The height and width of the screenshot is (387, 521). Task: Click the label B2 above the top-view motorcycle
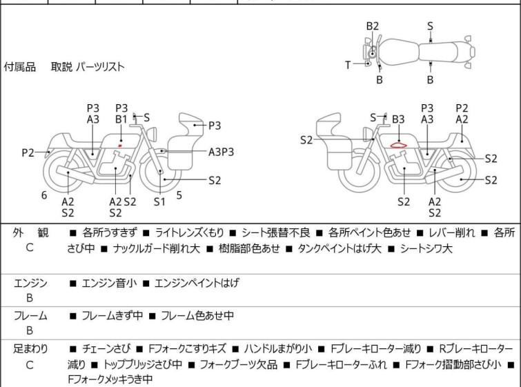tap(373, 26)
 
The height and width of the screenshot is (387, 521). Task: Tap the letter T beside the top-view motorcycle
tap(348, 65)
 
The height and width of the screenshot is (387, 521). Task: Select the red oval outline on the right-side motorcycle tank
tap(398, 145)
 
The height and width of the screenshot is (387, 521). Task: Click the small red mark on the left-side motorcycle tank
tap(120, 146)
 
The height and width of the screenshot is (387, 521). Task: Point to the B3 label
tap(398, 119)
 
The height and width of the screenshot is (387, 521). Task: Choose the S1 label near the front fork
tap(159, 201)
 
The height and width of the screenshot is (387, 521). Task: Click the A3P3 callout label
tap(222, 151)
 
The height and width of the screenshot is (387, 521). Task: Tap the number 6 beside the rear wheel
tap(44, 195)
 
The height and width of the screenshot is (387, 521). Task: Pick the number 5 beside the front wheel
tap(179, 195)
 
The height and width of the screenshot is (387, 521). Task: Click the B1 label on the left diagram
tap(121, 119)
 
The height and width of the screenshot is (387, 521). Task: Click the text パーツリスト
tap(100, 67)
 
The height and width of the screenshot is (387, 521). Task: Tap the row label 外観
tap(30, 233)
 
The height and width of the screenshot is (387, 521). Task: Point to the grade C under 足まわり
tap(30, 364)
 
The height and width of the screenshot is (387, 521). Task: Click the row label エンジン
tap(30, 283)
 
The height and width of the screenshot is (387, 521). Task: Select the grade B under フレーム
tap(30, 330)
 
